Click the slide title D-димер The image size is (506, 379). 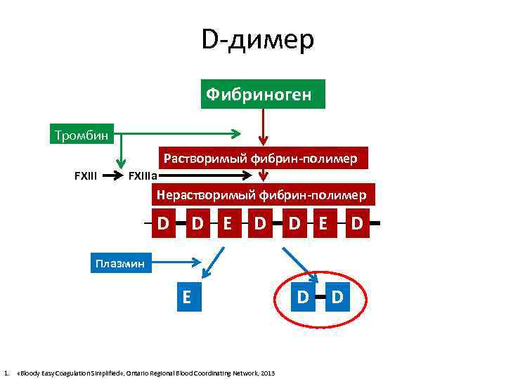tap(258, 39)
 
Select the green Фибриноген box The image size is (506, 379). tap(263, 94)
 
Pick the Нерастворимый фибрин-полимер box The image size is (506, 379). tap(262, 194)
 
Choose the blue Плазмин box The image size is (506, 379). tap(119, 264)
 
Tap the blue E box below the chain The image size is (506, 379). tap(186, 296)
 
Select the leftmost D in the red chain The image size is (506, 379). tap(163, 224)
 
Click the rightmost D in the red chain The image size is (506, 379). tap(358, 224)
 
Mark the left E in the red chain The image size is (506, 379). tap(227, 224)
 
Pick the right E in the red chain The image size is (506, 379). tap(324, 224)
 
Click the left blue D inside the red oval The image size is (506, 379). tap(302, 297)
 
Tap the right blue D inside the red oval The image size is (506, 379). tap(337, 297)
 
